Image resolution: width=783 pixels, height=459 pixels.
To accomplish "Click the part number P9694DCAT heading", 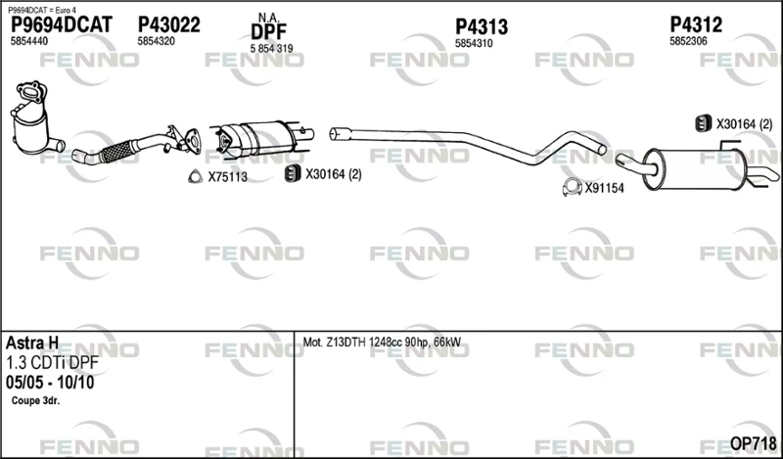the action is click(62, 24).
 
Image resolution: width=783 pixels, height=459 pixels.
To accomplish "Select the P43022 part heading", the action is click(168, 24).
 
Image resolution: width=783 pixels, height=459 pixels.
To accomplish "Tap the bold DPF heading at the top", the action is click(268, 32).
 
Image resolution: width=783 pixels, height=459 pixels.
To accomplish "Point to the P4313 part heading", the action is click(482, 27).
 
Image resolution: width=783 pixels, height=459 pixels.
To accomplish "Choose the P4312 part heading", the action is click(696, 24).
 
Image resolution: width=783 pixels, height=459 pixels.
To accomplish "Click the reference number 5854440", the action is click(29, 41).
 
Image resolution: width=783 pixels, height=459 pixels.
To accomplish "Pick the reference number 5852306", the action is click(688, 41).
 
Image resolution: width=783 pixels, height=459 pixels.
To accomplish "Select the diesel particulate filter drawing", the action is click(262, 137).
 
